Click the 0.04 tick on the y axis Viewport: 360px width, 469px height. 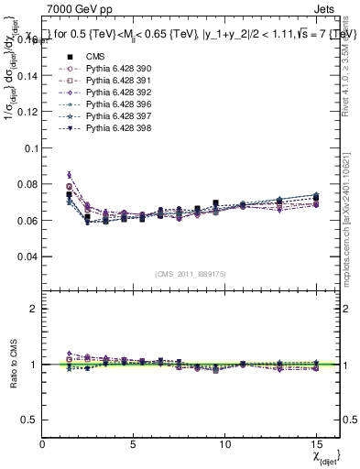click(28, 256)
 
